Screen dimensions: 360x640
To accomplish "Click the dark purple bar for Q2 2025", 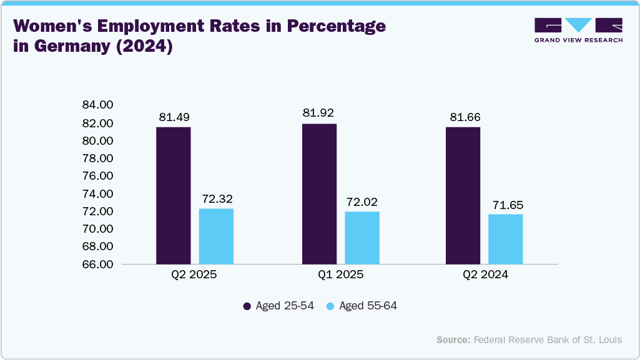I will coord(173,195).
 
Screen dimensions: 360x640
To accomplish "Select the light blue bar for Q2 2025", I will coord(216,236).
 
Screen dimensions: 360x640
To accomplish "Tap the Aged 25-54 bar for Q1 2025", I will coord(319,194).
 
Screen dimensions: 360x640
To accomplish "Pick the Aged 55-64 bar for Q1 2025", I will coord(362,238).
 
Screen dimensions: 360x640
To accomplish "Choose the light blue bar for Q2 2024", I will coord(506,239).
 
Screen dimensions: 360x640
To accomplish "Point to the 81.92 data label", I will coord(318,113).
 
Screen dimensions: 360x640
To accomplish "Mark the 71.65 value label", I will coord(506,204).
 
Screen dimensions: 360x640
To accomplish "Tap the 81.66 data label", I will coord(464,117).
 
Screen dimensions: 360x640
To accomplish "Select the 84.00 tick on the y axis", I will coord(97,104).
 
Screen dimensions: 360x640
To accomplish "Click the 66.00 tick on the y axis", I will coord(97,265).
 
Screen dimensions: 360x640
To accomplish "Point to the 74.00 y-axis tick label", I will coord(97,194).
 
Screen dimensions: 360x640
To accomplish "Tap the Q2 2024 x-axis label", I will coord(485,275).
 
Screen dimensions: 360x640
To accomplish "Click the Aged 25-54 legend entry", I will coord(278,306).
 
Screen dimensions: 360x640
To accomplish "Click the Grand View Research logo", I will coord(578,29).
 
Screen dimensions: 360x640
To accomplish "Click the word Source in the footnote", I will coord(453,340).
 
